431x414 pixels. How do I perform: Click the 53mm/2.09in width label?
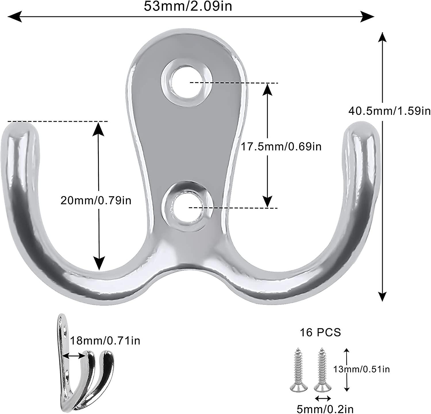pyautogui.click(x=188, y=6)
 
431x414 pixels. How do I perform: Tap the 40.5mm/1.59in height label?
pyautogui.click(x=390, y=110)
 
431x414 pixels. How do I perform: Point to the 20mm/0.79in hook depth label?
pyautogui.click(x=96, y=200)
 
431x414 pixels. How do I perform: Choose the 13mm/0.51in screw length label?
pyautogui.click(x=361, y=369)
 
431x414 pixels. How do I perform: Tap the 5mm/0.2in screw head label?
pyautogui.click(x=325, y=408)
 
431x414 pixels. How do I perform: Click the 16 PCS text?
pyautogui.click(x=320, y=332)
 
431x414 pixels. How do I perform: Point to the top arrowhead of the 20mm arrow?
pyautogui.click(x=99, y=127)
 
